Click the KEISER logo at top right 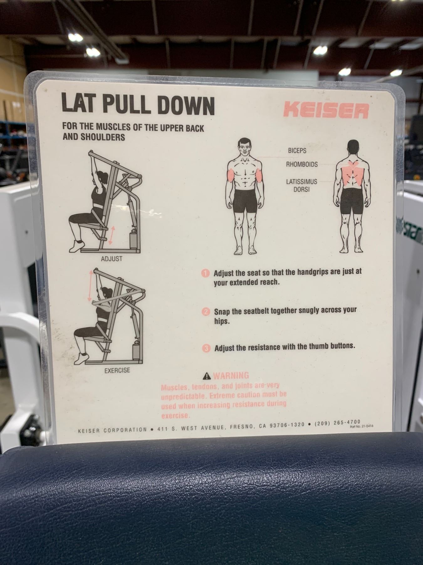(326, 110)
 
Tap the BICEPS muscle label (297, 151)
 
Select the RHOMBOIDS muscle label (302, 164)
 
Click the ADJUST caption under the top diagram (112, 259)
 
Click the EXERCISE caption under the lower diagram (117, 370)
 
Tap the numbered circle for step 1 (205, 273)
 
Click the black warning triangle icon (207, 375)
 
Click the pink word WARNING (231, 375)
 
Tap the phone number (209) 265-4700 (337, 423)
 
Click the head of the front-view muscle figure (245, 147)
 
